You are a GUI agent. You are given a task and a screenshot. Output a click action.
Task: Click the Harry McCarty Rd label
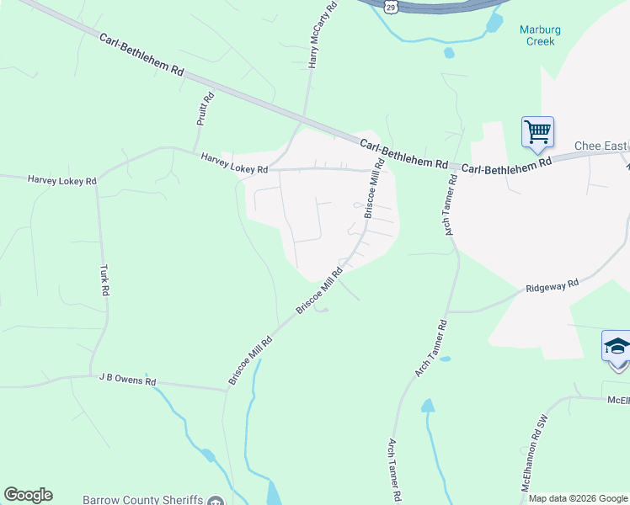click(x=323, y=35)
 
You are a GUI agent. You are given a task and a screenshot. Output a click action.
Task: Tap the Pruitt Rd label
click(x=206, y=109)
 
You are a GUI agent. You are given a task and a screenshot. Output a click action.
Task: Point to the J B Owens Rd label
click(x=128, y=380)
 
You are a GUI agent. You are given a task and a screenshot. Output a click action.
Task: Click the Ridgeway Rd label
click(x=553, y=286)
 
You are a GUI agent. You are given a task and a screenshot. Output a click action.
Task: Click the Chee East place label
click(x=601, y=146)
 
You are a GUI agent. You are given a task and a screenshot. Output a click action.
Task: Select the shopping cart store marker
click(x=537, y=131)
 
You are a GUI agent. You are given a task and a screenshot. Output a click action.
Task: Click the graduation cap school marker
click(x=617, y=347)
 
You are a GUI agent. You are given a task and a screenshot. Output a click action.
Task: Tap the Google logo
click(x=28, y=495)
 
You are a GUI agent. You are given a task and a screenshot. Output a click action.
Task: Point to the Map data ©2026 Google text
click(x=577, y=498)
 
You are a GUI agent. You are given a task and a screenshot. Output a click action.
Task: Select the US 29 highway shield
click(x=390, y=6)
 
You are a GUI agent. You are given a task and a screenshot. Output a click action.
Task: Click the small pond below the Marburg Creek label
click(x=449, y=53)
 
